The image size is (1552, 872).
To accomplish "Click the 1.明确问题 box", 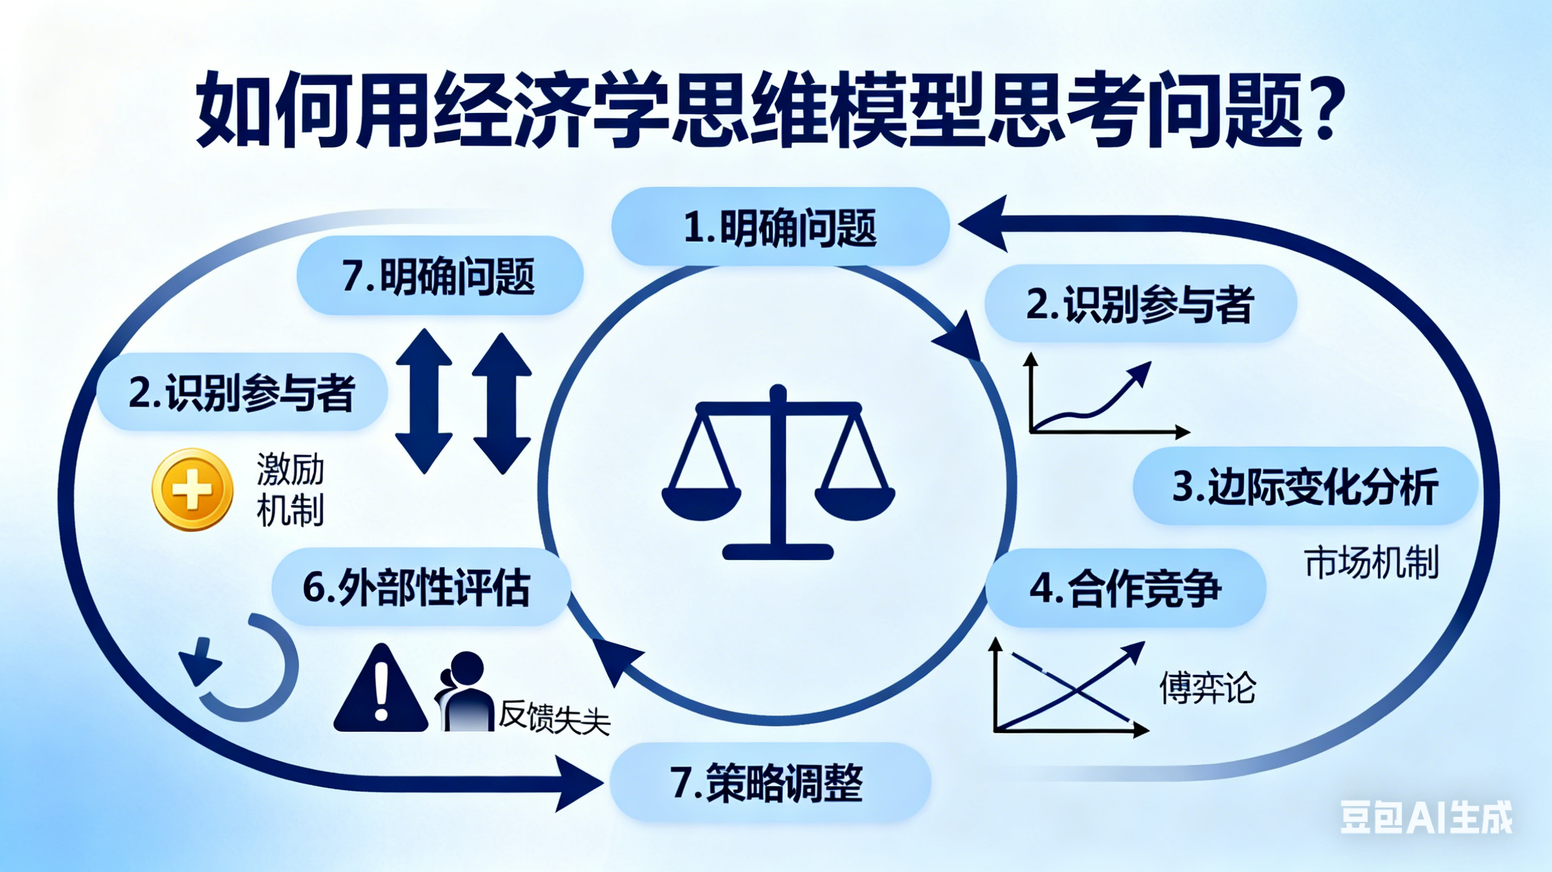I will tap(780, 227).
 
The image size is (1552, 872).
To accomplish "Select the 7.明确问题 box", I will tap(440, 276).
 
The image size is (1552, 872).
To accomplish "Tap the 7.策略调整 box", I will tap(770, 782).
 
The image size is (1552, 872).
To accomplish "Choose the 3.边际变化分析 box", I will tap(1305, 486).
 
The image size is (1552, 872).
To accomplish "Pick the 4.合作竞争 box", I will tap(1126, 588).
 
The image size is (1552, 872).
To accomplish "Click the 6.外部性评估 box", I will tap(421, 587).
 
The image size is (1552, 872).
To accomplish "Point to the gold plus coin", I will tap(192, 489).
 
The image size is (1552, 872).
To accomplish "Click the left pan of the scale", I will tap(702, 502).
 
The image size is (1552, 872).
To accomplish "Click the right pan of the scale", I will tap(854, 502).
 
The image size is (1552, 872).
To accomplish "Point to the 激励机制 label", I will tap(291, 489).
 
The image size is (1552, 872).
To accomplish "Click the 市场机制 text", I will tap(1371, 563).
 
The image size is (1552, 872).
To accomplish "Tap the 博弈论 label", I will tap(1207, 687).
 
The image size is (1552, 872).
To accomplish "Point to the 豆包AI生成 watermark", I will tap(1425, 817).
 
